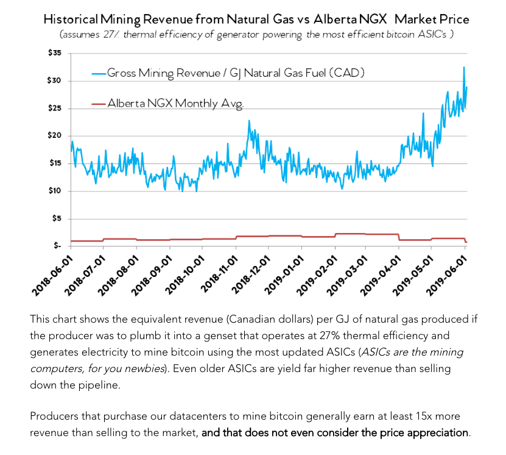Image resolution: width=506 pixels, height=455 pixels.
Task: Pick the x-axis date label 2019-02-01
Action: [317, 272]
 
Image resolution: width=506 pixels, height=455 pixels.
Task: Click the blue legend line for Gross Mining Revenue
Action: [99, 73]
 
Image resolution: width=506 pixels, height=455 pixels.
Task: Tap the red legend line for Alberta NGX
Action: [99, 103]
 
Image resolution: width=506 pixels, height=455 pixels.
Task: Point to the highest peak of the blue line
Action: [464, 67]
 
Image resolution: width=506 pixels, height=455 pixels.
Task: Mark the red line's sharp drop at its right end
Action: [465, 241]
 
